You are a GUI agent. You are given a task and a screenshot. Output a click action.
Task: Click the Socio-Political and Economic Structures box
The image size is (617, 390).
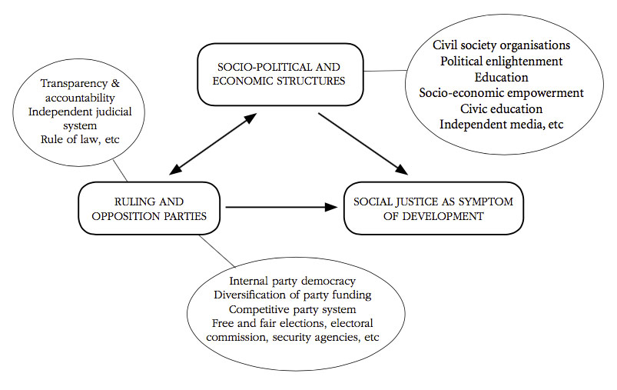click(280, 75)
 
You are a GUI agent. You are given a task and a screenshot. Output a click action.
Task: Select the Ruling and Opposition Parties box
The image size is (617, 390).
click(149, 208)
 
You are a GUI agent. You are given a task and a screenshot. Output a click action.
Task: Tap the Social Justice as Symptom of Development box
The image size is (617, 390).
click(433, 208)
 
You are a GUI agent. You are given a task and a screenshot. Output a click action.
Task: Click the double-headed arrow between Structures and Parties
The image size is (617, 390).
click(213, 144)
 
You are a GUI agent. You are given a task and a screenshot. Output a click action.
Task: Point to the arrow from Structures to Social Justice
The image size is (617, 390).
click(363, 144)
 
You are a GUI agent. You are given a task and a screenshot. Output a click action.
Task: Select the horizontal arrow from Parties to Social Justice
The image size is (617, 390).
click(282, 207)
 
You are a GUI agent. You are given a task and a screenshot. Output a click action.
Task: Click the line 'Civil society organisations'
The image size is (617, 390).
click(501, 45)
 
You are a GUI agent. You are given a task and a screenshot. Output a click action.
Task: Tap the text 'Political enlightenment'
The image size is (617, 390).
click(501, 62)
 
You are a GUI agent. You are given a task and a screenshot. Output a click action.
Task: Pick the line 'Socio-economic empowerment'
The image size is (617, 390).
click(501, 93)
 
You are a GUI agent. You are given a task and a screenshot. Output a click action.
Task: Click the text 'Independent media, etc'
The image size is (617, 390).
click(501, 125)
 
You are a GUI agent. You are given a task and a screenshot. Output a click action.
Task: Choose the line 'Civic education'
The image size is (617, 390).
click(501, 108)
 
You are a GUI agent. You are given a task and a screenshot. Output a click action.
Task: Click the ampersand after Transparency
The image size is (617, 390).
click(115, 84)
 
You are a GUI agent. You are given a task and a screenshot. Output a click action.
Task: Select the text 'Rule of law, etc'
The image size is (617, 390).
click(80, 139)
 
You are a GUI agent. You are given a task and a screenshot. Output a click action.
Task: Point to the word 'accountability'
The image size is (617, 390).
click(80, 98)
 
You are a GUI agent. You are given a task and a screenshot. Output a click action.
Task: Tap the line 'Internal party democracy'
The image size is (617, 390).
click(293, 282)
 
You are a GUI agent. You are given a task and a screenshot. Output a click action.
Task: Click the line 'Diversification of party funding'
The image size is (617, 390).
click(293, 295)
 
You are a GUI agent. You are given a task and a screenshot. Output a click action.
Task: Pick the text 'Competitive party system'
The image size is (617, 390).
click(293, 310)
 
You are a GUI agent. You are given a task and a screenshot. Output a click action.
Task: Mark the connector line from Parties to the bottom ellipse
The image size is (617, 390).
click(217, 252)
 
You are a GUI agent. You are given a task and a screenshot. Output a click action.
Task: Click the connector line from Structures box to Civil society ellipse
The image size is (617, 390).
click(385, 71)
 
